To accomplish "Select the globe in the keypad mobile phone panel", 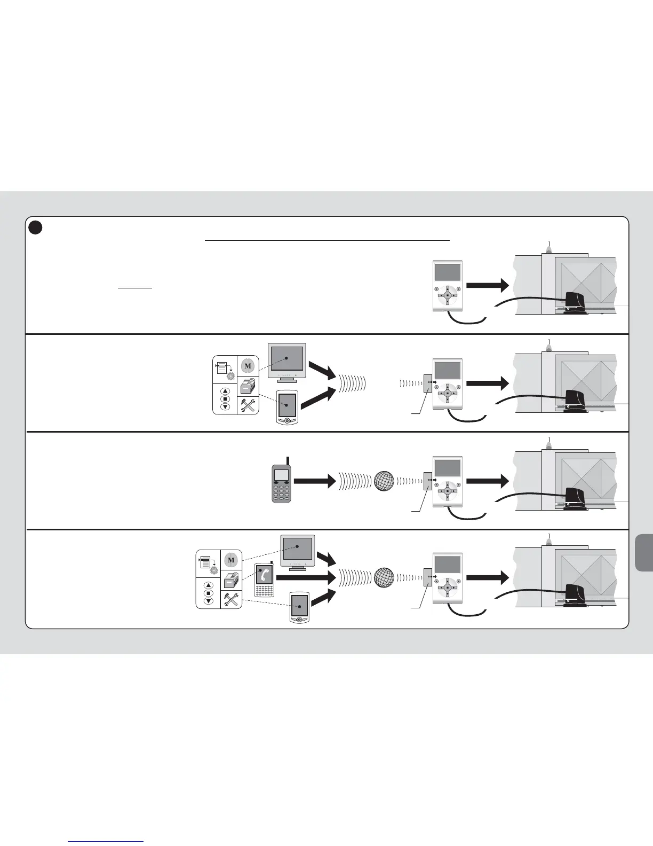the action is point(384,481).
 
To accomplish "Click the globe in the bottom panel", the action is point(384,578).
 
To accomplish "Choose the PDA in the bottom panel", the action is point(299,607).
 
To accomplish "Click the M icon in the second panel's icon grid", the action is point(247,366).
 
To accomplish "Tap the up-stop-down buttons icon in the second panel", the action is point(225,399).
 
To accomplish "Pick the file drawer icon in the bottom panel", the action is point(231,580).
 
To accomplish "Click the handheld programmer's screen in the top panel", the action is point(447,272).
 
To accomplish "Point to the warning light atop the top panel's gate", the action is point(549,248).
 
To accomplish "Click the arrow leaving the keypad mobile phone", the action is point(314,481).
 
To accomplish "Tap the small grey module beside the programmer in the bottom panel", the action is point(428,578).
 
